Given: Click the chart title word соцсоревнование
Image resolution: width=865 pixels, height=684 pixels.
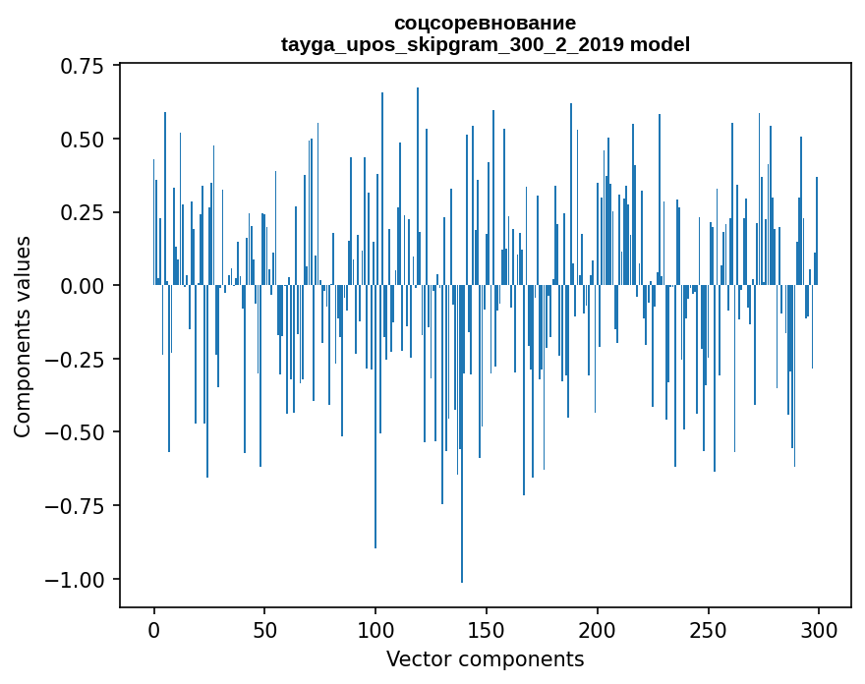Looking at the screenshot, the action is coord(486,24).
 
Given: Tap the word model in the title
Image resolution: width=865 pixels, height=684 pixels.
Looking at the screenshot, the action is coord(660,44).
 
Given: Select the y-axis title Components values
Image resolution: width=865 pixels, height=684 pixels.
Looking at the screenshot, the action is coord(22,337).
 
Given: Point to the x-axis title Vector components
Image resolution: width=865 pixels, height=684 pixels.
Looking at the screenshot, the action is coord(485,658).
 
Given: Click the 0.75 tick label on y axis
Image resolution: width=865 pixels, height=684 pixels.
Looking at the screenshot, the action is coord(83,66).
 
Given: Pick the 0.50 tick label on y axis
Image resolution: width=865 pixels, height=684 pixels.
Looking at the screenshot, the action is coord(83,140).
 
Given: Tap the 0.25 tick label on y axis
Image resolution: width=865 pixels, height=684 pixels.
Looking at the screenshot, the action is coord(83,213).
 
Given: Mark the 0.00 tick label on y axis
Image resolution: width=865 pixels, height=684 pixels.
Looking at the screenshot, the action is coord(83,286).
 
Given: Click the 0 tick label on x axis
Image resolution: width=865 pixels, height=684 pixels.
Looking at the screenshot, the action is coord(154,630).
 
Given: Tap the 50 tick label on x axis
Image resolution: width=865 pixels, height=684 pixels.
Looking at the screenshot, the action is coord(264,630).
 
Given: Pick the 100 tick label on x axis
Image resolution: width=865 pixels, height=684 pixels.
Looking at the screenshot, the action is coord(375,630).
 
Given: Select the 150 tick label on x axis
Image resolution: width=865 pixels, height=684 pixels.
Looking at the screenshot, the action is coord(487,630).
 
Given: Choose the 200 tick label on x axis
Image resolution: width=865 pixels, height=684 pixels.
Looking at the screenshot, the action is coord(598,630).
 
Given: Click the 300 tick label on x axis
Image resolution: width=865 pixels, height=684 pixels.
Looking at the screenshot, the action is coord(819,630).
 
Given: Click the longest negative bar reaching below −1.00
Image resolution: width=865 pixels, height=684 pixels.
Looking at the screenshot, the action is coord(462,433).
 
